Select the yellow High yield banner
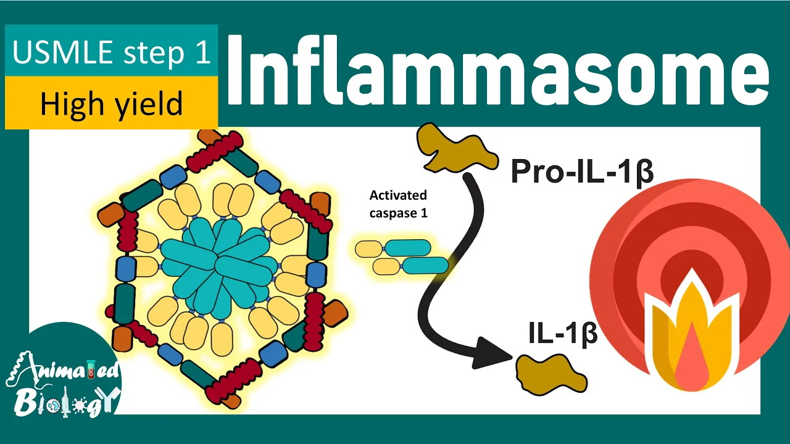(111, 104)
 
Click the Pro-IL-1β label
(581, 172)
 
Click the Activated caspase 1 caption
(398, 204)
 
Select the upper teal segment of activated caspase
(407, 248)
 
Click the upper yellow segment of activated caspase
(369, 249)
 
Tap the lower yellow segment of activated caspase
(386, 266)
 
